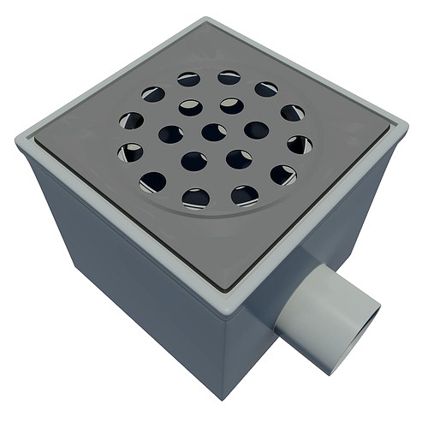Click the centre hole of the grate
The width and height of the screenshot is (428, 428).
pyautogui.click(x=213, y=132)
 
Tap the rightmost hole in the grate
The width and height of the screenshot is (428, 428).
pyautogui.click(x=300, y=144)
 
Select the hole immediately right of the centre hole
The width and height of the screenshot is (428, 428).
pyautogui.click(x=256, y=129)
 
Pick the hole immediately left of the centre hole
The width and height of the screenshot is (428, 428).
pyautogui.click(x=171, y=134)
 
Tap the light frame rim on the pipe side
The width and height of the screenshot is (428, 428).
pyautogui.click(x=325, y=223)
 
